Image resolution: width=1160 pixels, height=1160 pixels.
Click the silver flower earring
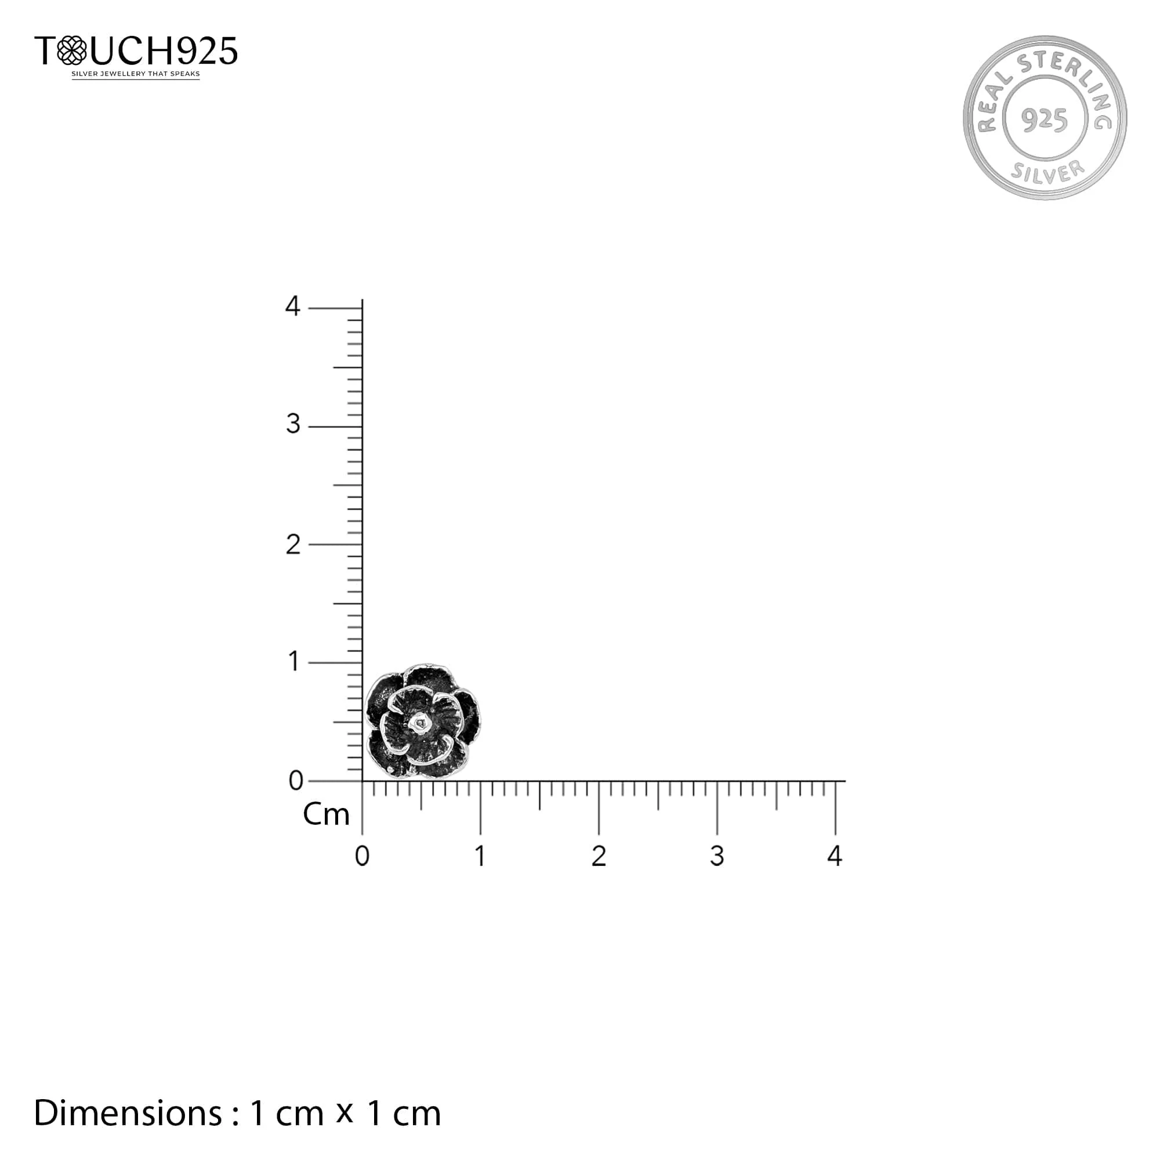423,721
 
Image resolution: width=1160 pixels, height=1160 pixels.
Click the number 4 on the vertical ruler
292,306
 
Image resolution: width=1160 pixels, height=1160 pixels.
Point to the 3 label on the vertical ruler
292,425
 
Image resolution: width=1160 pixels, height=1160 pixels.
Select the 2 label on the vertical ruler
292,545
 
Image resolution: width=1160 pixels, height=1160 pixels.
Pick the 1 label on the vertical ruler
293,662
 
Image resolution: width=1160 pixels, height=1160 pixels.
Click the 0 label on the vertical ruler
296,781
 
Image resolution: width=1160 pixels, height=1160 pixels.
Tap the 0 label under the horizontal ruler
362,856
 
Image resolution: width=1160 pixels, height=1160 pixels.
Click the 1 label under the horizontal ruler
480,856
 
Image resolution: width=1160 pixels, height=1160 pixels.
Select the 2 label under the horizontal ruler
599,856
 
